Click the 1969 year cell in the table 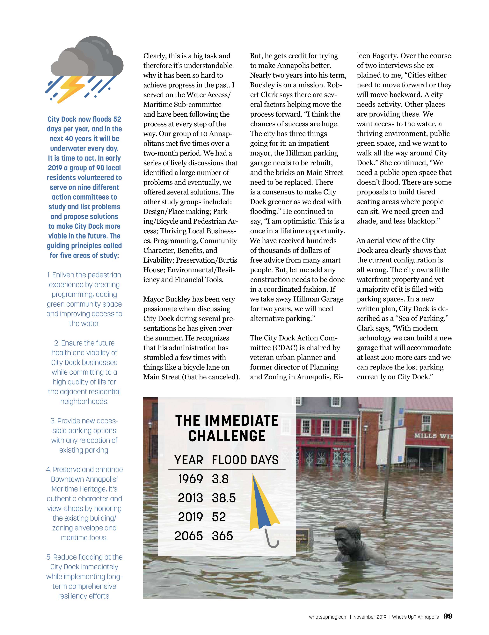point(190,479)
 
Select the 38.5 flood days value point(223,498)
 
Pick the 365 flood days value point(222,536)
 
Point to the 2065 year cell point(188,536)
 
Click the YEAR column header point(189,460)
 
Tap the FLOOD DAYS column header point(245,460)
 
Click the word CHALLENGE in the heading point(227,436)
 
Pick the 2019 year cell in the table point(190,517)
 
